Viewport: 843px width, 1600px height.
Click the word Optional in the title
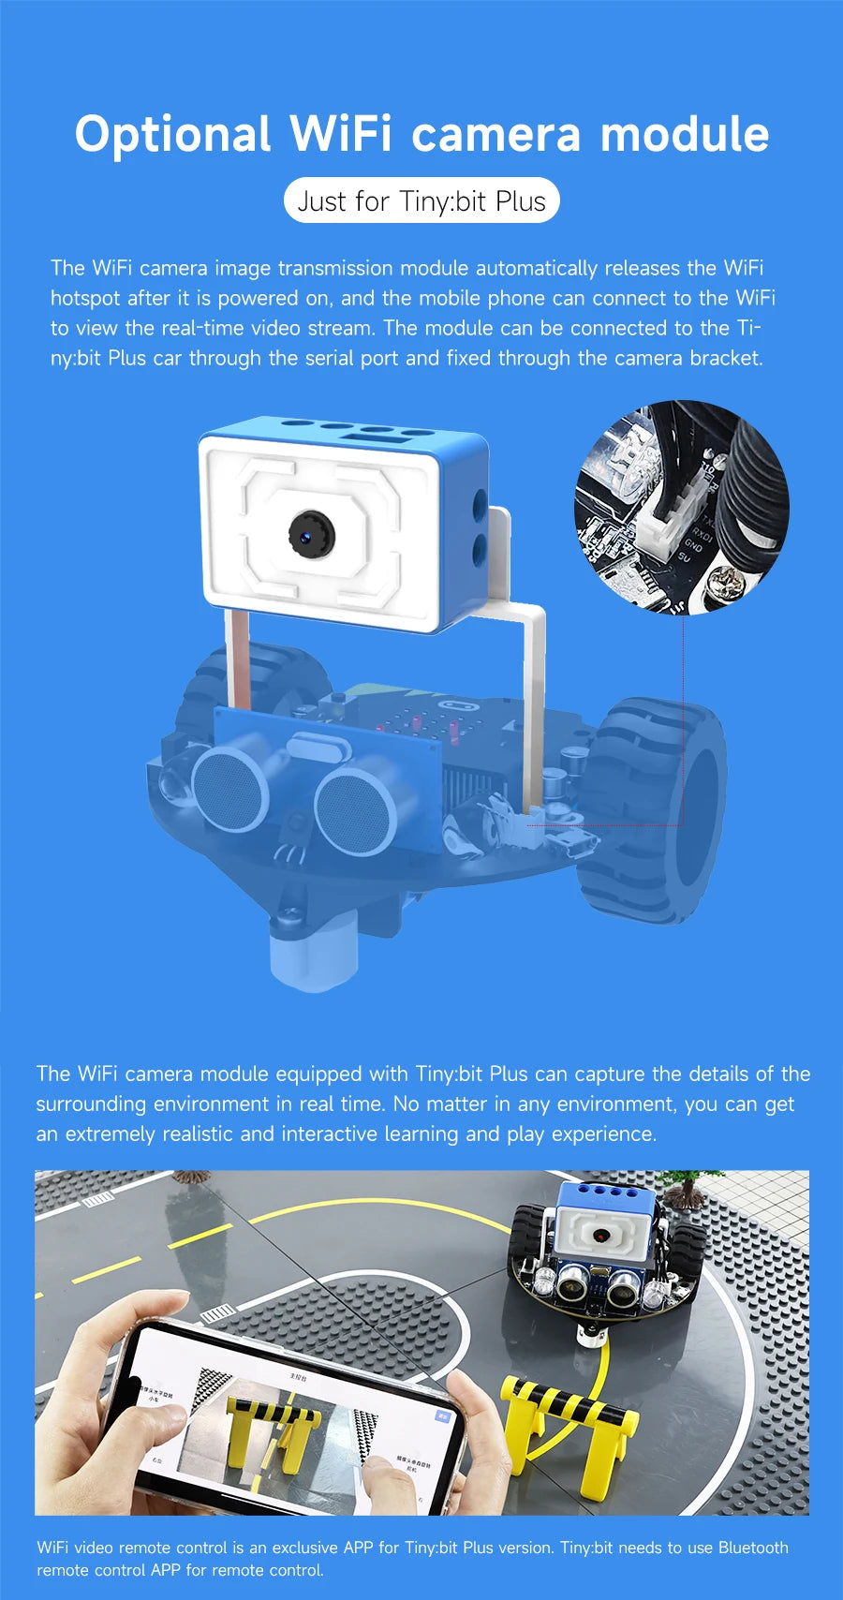click(172, 135)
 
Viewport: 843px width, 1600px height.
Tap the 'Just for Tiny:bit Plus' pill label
click(421, 200)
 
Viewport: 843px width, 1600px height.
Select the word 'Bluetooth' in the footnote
click(753, 1548)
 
